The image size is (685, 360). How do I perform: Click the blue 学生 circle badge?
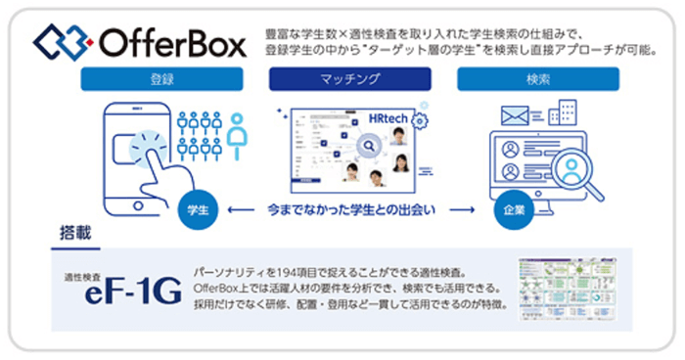tap(195, 210)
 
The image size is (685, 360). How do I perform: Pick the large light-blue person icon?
tap(236, 136)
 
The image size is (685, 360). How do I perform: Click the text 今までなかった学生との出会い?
tap(350, 208)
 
